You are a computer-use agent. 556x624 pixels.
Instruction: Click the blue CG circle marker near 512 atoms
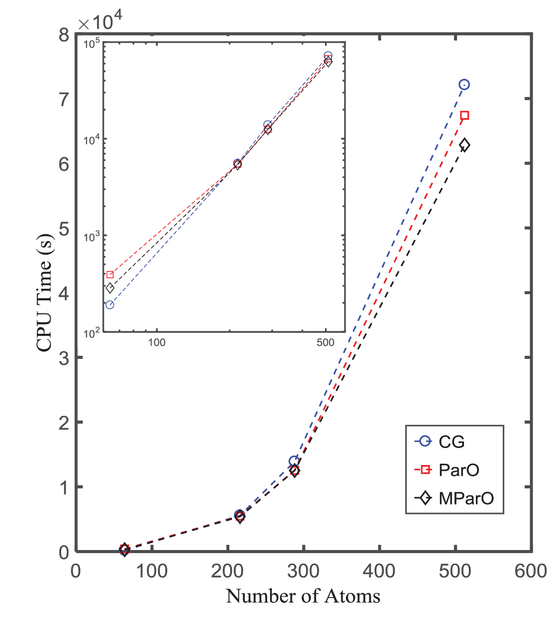point(464,85)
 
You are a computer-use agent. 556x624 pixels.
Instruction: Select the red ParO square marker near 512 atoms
point(464,115)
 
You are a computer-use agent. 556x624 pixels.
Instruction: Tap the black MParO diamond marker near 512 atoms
point(464,145)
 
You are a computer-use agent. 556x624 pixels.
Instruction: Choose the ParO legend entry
point(447,470)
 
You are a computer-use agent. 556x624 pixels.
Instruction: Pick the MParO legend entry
point(454,498)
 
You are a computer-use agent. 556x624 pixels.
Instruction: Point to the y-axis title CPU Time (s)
point(45,292)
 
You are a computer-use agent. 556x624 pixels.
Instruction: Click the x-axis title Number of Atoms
point(303,596)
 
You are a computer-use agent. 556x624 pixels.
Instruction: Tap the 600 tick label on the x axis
point(530,571)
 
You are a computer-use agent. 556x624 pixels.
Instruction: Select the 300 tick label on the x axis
point(303,571)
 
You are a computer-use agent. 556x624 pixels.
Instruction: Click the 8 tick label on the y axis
point(64,35)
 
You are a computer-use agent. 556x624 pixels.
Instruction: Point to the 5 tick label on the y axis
point(64,229)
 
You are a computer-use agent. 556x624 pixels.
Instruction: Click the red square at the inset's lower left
point(110,274)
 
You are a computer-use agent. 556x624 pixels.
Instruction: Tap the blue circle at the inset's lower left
point(110,305)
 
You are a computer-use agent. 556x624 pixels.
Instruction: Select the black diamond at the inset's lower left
point(110,288)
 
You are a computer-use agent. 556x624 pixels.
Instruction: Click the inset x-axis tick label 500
point(325,342)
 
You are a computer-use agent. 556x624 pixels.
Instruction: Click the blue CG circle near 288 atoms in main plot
point(295,461)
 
